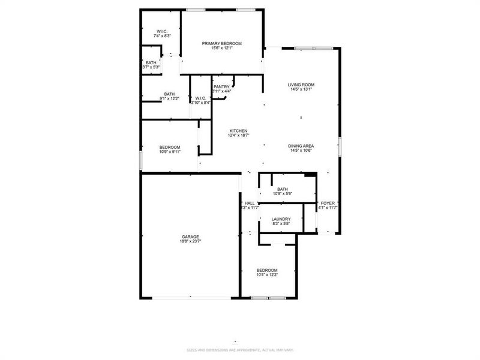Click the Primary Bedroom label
click(x=221, y=43)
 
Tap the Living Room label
click(x=301, y=85)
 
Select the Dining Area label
click(x=301, y=146)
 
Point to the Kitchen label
click(x=238, y=131)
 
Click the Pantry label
click(x=221, y=86)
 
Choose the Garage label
click(x=190, y=236)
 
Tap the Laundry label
click(x=281, y=219)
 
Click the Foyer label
click(x=328, y=203)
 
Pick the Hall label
click(x=250, y=203)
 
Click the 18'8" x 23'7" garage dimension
click(x=190, y=241)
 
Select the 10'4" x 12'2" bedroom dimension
click(x=267, y=275)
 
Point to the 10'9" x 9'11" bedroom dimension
click(x=170, y=152)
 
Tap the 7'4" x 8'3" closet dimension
click(x=161, y=36)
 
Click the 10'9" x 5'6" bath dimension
click(x=282, y=194)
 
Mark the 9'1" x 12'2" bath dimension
click(x=170, y=98)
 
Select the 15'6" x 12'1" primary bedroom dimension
click(x=221, y=48)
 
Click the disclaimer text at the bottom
click(x=239, y=349)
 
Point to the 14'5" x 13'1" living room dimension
click(x=301, y=89)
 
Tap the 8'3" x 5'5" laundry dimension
click(x=281, y=224)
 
